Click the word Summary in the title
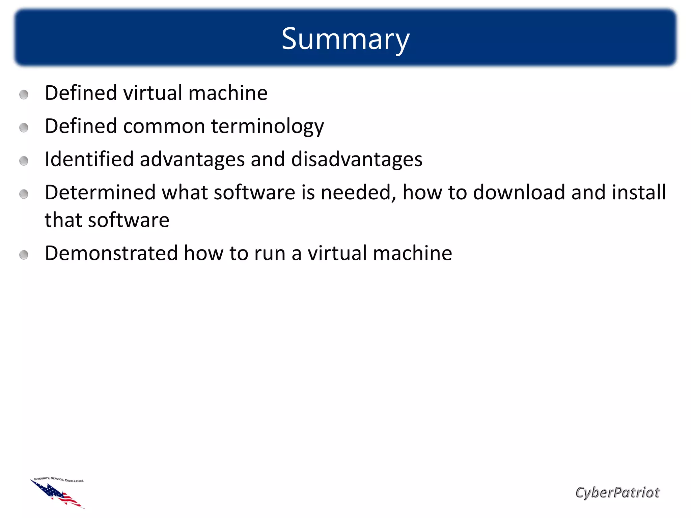click(x=345, y=39)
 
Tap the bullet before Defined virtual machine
click(x=24, y=94)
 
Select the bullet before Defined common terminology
click(x=24, y=127)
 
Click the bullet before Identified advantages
click(x=24, y=161)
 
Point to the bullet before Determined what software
click(x=24, y=194)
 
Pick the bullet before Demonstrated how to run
click(x=24, y=255)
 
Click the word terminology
click(x=267, y=126)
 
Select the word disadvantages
click(x=356, y=159)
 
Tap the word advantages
click(x=192, y=160)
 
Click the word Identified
click(x=89, y=159)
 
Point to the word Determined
click(x=100, y=192)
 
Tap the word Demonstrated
click(x=111, y=253)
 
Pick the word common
click(x=164, y=126)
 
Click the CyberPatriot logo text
click(x=617, y=492)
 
